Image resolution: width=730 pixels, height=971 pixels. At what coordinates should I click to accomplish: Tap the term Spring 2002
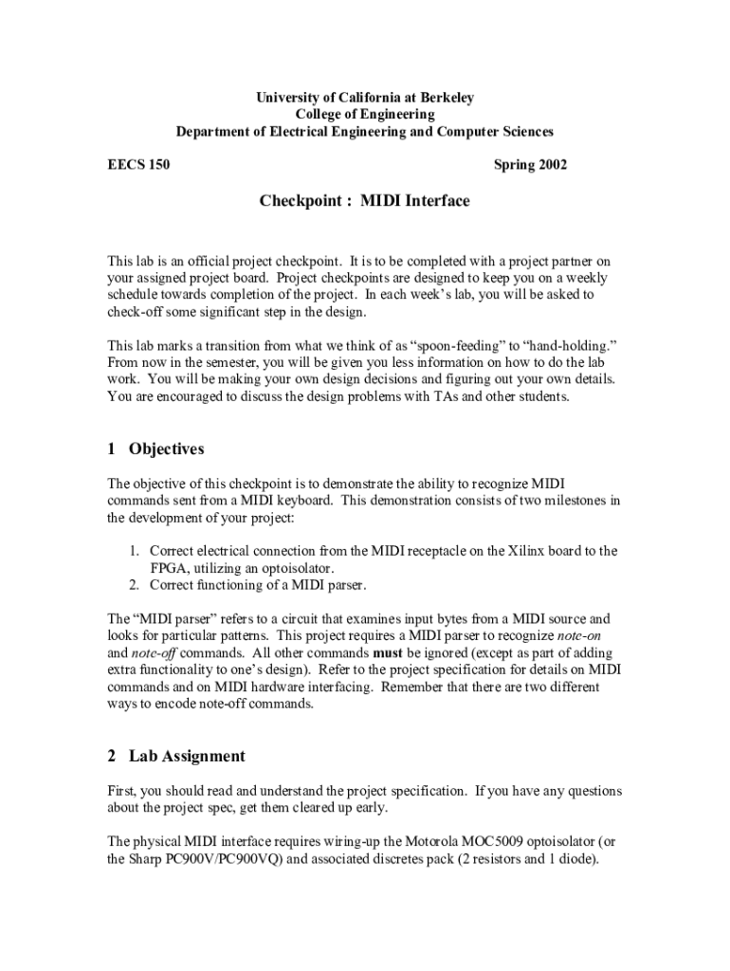(x=531, y=165)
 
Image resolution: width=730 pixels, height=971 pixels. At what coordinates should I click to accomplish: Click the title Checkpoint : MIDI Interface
(x=365, y=201)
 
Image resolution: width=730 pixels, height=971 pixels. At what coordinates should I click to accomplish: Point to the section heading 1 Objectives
(x=155, y=449)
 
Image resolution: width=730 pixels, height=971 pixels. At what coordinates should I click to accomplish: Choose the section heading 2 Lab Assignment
(x=176, y=756)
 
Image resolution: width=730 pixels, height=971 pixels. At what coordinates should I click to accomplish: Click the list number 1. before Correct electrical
(x=136, y=550)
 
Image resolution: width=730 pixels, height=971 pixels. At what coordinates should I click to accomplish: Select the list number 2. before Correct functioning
(x=136, y=584)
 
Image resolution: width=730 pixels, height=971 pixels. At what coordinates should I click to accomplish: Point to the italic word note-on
(x=585, y=635)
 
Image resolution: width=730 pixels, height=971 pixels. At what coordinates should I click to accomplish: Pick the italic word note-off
(x=152, y=652)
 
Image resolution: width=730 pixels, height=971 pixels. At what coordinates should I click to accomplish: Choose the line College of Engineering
(x=365, y=114)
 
